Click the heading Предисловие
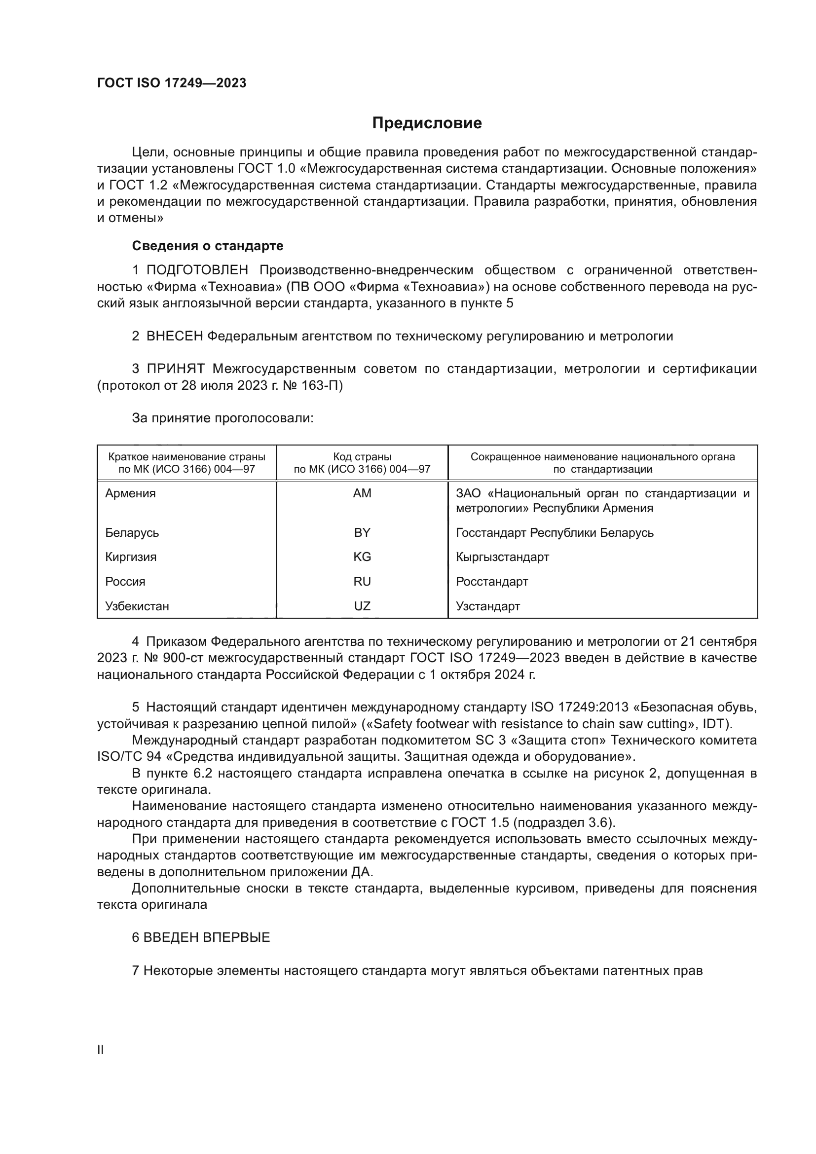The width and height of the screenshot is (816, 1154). [427, 123]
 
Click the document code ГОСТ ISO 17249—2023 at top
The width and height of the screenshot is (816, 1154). [171, 83]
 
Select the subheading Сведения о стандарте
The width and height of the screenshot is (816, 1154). [208, 246]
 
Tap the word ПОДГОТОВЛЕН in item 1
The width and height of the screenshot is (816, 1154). [197, 270]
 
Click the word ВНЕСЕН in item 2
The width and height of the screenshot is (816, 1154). [174, 336]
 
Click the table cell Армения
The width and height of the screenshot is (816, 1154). [131, 493]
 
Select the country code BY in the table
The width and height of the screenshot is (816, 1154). [362, 533]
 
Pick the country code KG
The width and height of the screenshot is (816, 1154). [362, 557]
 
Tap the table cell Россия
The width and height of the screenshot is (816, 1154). [125, 582]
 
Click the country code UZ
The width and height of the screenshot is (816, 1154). [362, 606]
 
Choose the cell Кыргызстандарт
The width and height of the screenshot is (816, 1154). [502, 557]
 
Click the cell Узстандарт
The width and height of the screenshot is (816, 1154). [487, 606]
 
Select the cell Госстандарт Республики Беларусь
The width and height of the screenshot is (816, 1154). [554, 533]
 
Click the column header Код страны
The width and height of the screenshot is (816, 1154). [362, 457]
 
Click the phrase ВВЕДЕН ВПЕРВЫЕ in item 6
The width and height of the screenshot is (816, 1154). [207, 937]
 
